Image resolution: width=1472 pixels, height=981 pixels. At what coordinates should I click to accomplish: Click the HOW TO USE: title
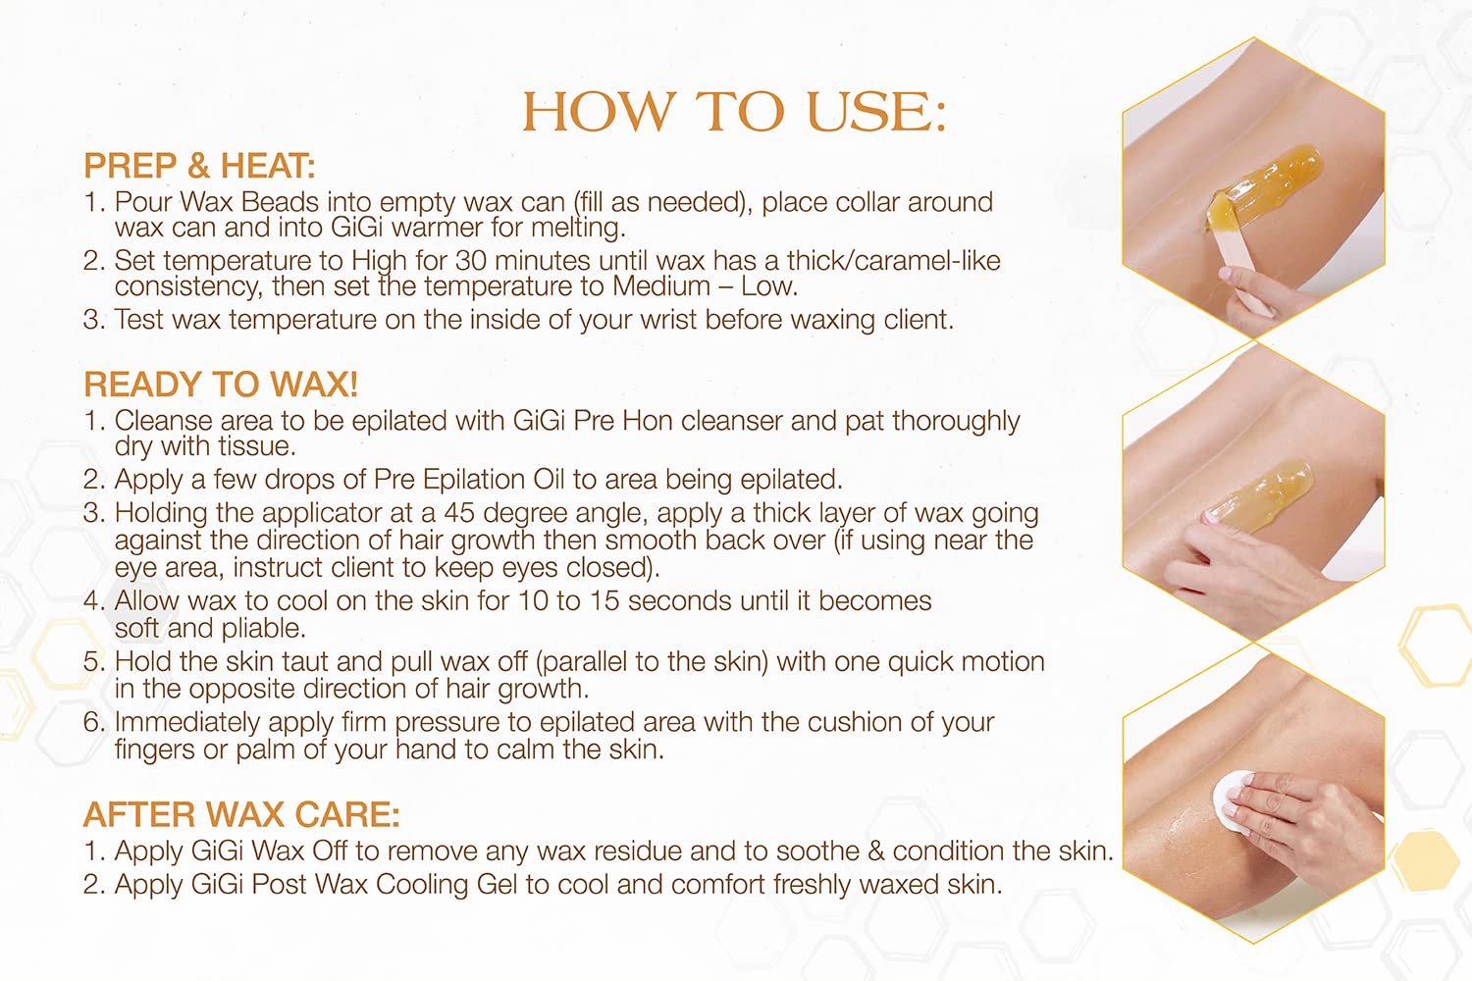coord(734,112)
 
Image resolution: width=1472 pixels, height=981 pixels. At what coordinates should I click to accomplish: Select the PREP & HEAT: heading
coord(199,166)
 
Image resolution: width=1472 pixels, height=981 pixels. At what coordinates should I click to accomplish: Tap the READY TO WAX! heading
coord(221,384)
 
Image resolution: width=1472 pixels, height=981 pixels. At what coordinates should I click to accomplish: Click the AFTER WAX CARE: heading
coord(241,814)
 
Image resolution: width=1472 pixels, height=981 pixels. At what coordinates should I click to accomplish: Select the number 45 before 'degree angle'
coord(459,513)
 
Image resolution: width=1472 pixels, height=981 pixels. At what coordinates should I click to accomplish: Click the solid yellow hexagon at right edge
coord(1425,860)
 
